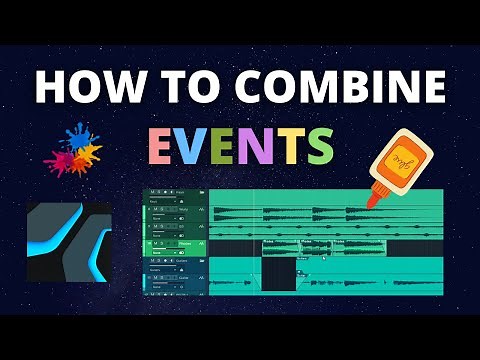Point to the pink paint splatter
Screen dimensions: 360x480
[x=62, y=158]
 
